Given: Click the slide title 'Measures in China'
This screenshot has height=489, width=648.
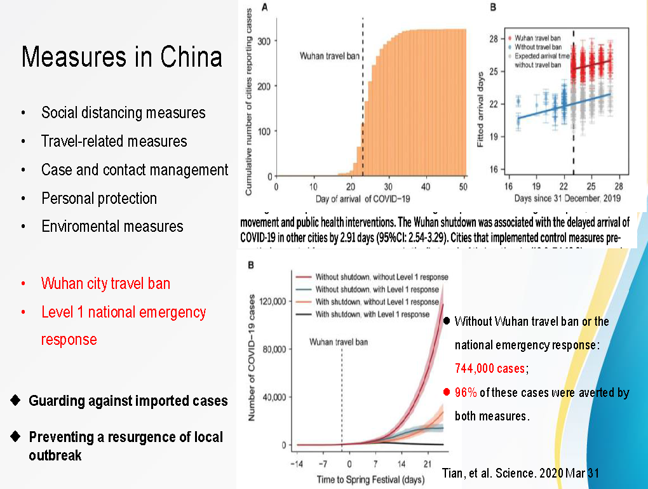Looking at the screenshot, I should pyautogui.click(x=122, y=57).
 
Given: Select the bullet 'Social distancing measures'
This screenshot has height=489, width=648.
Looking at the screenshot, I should pyautogui.click(x=123, y=113).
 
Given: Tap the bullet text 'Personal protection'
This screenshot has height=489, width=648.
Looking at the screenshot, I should pyautogui.click(x=99, y=198).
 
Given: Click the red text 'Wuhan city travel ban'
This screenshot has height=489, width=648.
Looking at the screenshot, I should pyautogui.click(x=105, y=283).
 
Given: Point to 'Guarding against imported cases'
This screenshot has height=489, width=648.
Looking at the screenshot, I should pyautogui.click(x=128, y=401).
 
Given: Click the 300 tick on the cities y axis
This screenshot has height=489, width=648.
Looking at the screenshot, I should pyautogui.click(x=267, y=41).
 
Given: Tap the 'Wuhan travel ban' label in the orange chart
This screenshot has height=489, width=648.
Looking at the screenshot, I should pyautogui.click(x=328, y=56).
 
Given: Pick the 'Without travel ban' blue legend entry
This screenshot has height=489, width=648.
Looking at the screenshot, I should pyautogui.click(x=537, y=47).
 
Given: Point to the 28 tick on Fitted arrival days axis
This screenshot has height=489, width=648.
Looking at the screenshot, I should pyautogui.click(x=492, y=39).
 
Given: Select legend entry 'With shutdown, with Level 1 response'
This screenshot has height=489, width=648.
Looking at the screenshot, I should pyautogui.click(x=372, y=314).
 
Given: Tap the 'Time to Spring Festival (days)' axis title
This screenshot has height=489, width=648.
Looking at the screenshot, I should pyautogui.click(x=362, y=478).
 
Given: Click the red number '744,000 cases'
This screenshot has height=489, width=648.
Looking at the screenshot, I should pyautogui.click(x=490, y=368).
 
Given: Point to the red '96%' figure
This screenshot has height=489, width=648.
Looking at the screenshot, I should pyautogui.click(x=466, y=392).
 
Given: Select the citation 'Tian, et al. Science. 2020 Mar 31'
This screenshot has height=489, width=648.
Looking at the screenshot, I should pyautogui.click(x=520, y=473).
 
